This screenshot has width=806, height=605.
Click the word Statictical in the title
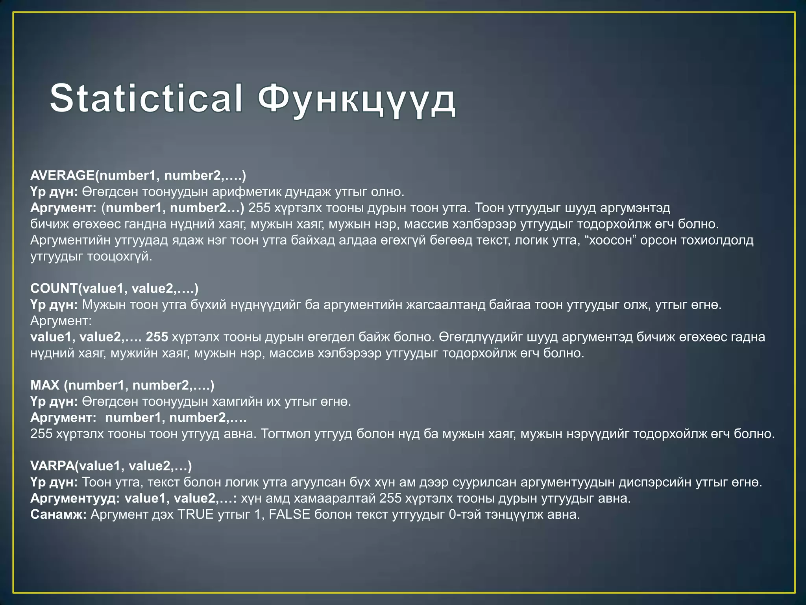tap(146, 98)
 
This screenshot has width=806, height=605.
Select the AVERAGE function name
tap(62, 176)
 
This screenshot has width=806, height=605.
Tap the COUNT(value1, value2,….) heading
tap(114, 289)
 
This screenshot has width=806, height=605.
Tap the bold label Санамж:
tap(58, 514)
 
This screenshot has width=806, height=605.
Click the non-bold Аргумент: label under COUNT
tap(61, 321)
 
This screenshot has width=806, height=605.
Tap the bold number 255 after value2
tap(157, 337)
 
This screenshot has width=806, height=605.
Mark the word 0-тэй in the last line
tap(466, 514)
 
